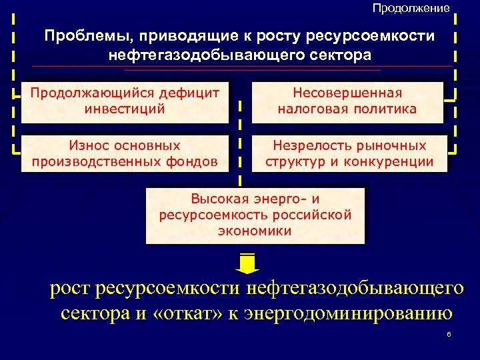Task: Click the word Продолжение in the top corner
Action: (x=411, y=8)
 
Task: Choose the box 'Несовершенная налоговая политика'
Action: (x=347, y=102)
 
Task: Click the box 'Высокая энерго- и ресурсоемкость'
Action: (x=255, y=215)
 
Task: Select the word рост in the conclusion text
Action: (x=71, y=289)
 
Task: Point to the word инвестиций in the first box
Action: (x=125, y=109)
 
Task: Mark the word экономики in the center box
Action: (x=255, y=231)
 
